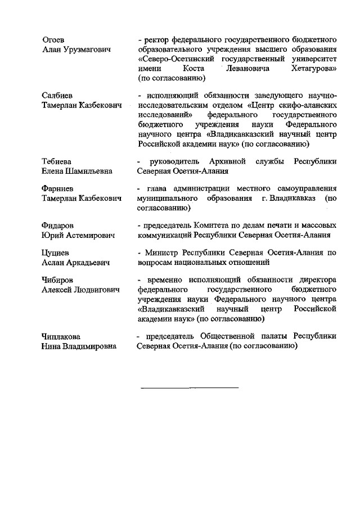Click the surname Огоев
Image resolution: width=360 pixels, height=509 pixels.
click(x=53, y=39)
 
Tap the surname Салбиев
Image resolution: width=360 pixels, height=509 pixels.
click(x=57, y=95)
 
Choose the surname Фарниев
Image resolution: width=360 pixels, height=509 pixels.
click(x=58, y=188)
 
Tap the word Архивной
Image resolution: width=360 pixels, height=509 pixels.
click(x=226, y=161)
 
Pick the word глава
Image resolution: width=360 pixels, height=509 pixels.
click(x=157, y=188)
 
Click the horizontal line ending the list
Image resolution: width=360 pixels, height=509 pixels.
click(x=190, y=388)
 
